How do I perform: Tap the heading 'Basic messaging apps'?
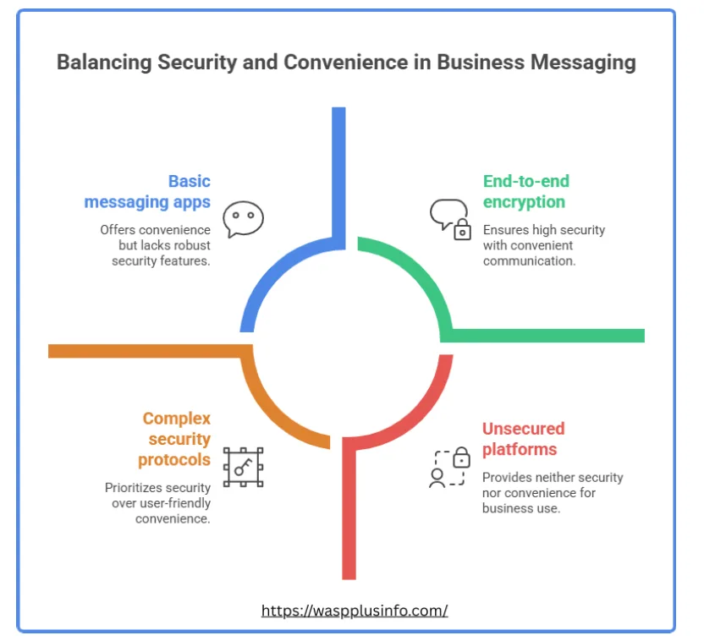(147, 192)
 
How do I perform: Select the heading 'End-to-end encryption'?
(525, 192)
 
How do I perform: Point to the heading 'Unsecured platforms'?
(523, 439)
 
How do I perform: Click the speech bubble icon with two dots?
(243, 218)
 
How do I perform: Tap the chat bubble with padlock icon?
(449, 219)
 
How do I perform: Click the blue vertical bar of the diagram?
(338, 169)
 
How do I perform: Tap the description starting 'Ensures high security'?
(543, 245)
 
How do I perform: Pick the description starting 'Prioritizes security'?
(158, 502)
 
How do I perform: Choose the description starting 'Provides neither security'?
(552, 492)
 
